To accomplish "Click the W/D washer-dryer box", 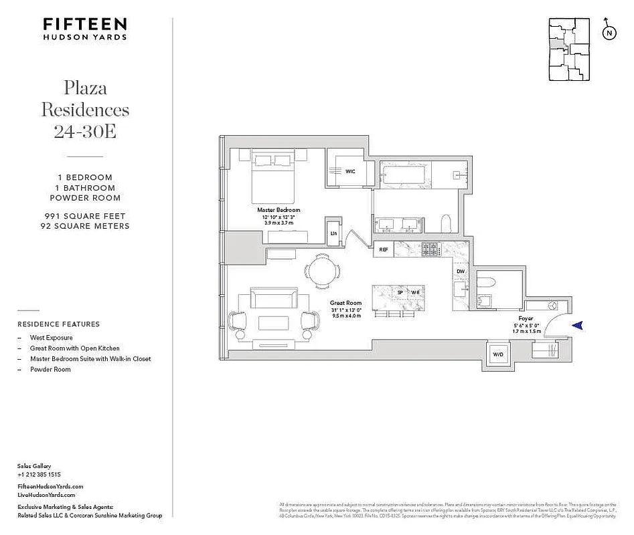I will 497,354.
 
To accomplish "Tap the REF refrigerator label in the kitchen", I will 384,249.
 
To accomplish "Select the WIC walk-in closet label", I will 349,172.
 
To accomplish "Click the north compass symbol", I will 609,31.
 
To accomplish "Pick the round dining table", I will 323,272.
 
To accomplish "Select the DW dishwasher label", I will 461,272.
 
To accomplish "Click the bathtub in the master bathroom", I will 403,177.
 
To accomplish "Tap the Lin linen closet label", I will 333,233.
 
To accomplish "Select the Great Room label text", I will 345,302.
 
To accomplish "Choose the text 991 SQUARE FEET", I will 85,216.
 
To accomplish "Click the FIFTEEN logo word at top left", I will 85,24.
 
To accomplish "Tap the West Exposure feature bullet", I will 51,338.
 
